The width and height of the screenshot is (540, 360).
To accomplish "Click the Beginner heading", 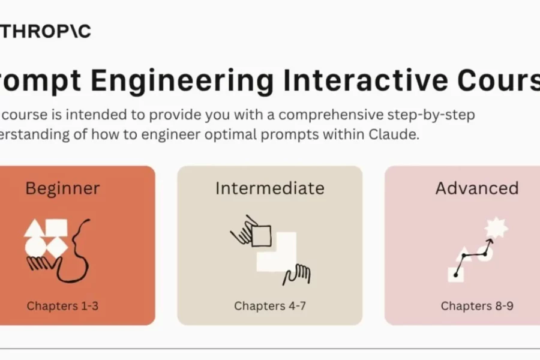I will [62, 188].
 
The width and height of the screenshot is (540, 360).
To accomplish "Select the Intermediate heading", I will [270, 188].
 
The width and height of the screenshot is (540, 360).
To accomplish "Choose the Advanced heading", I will [477, 188].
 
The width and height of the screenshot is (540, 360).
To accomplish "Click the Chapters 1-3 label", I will [62, 306].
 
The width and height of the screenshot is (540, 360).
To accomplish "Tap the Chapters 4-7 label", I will [270, 306].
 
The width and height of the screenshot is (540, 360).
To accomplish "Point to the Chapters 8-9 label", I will [477, 306].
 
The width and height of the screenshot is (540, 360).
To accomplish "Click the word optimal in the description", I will [223, 135].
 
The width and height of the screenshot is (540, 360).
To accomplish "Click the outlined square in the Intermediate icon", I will [261, 235].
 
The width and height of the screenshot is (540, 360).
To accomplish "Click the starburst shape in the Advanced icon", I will [497, 227].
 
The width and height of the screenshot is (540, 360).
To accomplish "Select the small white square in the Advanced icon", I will [455, 274].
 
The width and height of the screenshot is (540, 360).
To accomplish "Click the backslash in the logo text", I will [76, 32].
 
